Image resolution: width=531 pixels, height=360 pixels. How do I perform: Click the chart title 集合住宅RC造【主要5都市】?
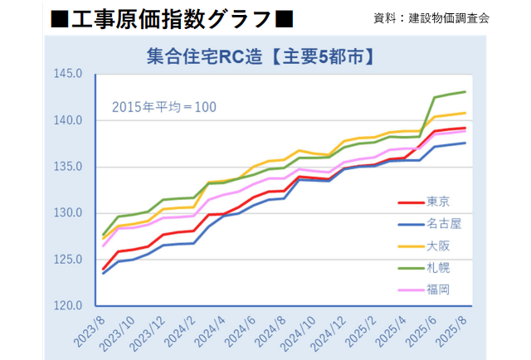(x=258, y=58)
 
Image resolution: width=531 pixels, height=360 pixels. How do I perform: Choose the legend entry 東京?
(x=439, y=202)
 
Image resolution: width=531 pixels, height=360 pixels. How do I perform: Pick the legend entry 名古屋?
(x=445, y=224)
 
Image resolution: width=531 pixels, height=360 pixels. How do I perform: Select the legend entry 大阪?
(x=439, y=246)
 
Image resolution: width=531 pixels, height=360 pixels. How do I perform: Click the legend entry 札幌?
(x=439, y=268)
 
